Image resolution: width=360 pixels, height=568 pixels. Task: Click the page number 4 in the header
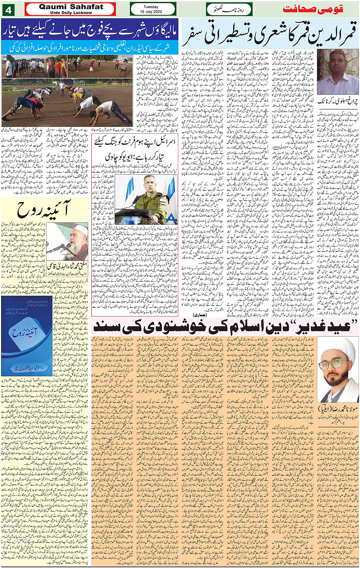[x=8, y=9]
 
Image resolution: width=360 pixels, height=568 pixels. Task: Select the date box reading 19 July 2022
[x=153, y=9]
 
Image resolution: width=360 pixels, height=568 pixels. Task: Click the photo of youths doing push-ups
[x=67, y=102]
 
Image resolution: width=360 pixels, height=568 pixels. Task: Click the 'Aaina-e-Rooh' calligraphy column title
[x=45, y=209]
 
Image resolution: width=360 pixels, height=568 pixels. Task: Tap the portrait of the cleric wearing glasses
[x=338, y=369]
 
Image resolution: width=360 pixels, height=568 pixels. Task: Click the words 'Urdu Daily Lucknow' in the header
[x=71, y=13]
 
